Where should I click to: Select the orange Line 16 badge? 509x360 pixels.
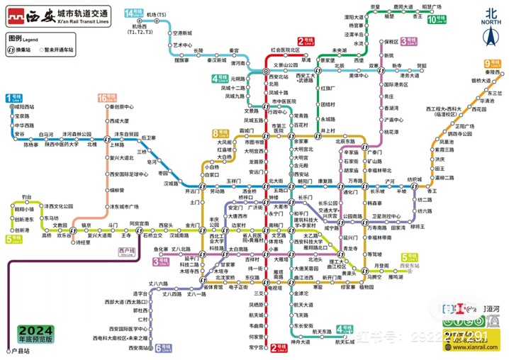click(x=104, y=98)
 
